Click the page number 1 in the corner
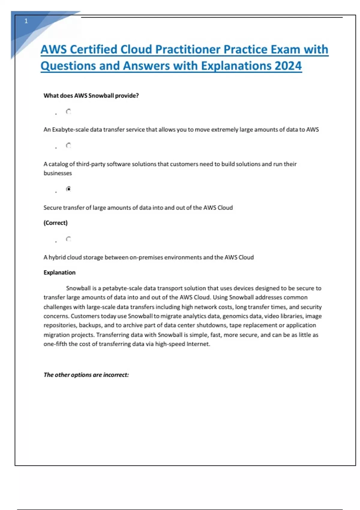point(26,21)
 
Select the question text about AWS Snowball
point(91,96)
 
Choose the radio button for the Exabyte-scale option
point(68,112)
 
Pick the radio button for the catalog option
point(68,146)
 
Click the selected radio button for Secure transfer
point(68,189)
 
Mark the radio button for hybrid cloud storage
point(68,239)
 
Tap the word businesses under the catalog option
point(58,173)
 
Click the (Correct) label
point(55,223)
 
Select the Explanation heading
point(59,273)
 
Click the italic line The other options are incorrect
point(86,375)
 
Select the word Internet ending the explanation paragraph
point(198,344)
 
